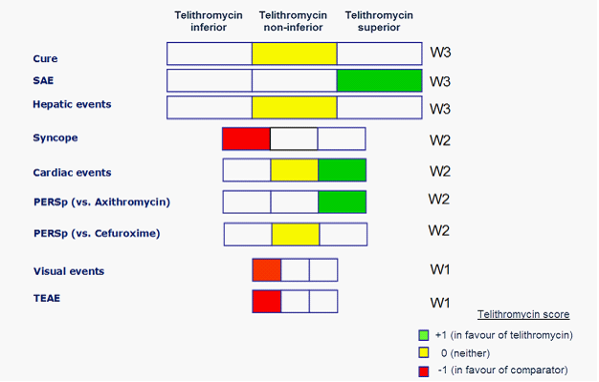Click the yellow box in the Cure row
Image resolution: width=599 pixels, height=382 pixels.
tap(294, 53)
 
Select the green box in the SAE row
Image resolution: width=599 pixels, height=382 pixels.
tap(379, 80)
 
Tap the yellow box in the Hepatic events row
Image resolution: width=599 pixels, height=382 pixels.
tap(294, 107)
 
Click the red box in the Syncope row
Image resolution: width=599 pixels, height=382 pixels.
tap(246, 138)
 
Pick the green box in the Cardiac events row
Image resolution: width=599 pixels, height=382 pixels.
tap(342, 170)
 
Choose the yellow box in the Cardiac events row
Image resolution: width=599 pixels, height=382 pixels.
tap(294, 170)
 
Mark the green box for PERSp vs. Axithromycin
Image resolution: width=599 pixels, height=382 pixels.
tap(342, 202)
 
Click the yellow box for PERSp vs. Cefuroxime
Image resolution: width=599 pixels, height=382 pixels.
tap(295, 234)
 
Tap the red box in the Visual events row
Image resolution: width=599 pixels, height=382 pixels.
tap(267, 270)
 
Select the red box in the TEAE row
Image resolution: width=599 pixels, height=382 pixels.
tap(267, 302)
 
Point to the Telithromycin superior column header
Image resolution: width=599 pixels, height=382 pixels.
tap(379, 22)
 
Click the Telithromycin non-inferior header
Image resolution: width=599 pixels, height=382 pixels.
tap(294, 22)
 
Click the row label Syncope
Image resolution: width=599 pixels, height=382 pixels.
tap(55, 138)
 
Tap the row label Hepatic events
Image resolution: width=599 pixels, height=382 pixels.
tap(71, 103)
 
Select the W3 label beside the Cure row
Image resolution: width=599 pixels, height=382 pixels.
tap(440, 53)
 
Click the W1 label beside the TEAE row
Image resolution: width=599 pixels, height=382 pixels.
tap(440, 303)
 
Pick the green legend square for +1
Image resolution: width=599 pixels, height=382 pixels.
tap(423, 335)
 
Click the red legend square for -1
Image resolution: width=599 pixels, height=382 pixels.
tap(423, 370)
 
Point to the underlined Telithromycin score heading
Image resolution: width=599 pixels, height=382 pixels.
tap(523, 314)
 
